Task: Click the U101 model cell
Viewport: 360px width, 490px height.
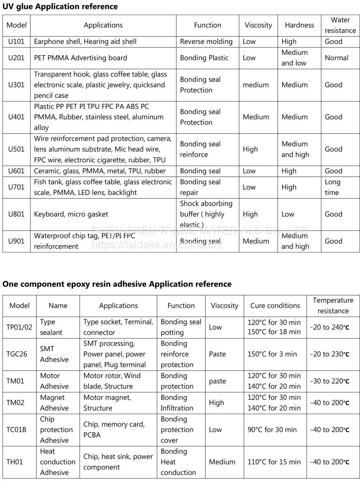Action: coord(16,41)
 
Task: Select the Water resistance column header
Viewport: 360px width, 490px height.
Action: coord(340,25)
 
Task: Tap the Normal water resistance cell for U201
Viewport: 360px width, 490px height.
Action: coord(336,58)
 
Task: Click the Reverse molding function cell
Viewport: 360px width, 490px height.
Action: coord(206,41)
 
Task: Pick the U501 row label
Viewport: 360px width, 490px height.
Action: coord(16,149)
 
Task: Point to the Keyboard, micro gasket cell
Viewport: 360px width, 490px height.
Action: coord(71,214)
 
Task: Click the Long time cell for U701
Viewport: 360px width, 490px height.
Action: coord(332,187)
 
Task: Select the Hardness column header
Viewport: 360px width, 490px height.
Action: coord(299,25)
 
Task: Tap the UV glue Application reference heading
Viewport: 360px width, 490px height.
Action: coord(60,6)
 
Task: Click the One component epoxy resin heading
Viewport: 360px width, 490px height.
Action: coord(117,284)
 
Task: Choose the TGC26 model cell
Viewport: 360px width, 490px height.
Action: coord(17,354)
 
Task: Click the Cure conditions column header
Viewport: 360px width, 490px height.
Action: coord(275,306)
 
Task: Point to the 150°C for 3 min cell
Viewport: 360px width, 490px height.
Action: coord(272,354)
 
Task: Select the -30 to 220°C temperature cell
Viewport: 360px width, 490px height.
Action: coord(330,381)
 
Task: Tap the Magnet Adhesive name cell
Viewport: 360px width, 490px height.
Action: coord(54,402)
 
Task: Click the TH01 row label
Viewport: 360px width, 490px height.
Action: coord(14,462)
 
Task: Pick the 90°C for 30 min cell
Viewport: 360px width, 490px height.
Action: coord(272,429)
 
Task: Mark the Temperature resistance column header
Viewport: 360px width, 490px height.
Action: coord(333,306)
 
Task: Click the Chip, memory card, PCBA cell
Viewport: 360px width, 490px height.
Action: coord(114,429)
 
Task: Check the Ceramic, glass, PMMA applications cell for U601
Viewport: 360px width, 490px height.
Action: coord(100,171)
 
